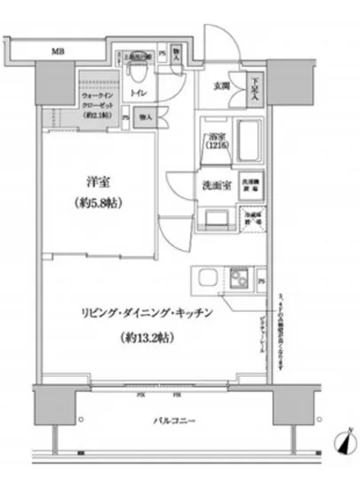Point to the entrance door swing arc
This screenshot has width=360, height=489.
[x=213, y=36]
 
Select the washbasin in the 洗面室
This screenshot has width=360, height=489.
[x=215, y=217]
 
